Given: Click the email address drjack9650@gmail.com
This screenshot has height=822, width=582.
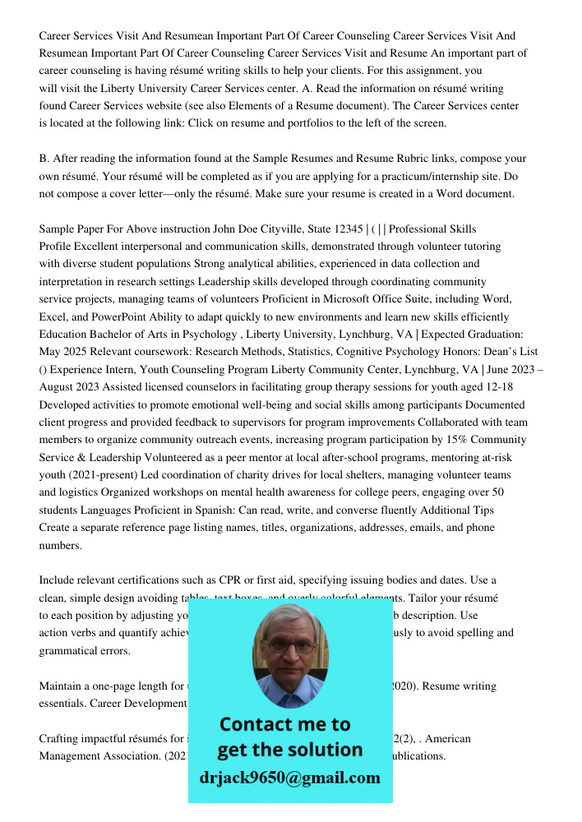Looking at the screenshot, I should coord(289,778).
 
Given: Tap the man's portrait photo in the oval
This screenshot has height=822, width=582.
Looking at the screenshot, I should coord(289,655).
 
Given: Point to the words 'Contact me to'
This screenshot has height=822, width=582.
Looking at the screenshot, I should coord(284,724).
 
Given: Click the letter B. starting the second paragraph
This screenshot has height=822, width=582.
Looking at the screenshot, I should coord(44,159).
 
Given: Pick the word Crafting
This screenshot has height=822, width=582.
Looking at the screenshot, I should coord(60,739).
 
